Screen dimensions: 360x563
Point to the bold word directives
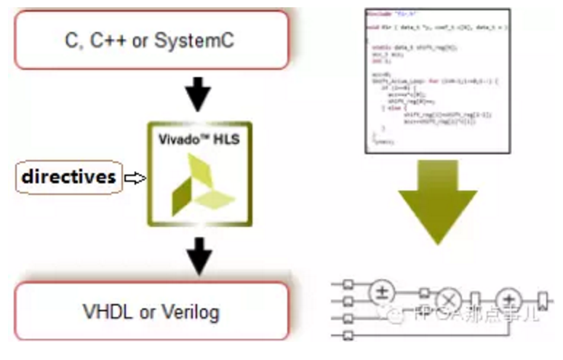pyautogui.click(x=69, y=177)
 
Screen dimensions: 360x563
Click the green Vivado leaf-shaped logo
pyautogui.click(x=197, y=185)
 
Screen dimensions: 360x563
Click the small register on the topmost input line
pyautogui.click(x=349, y=283)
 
